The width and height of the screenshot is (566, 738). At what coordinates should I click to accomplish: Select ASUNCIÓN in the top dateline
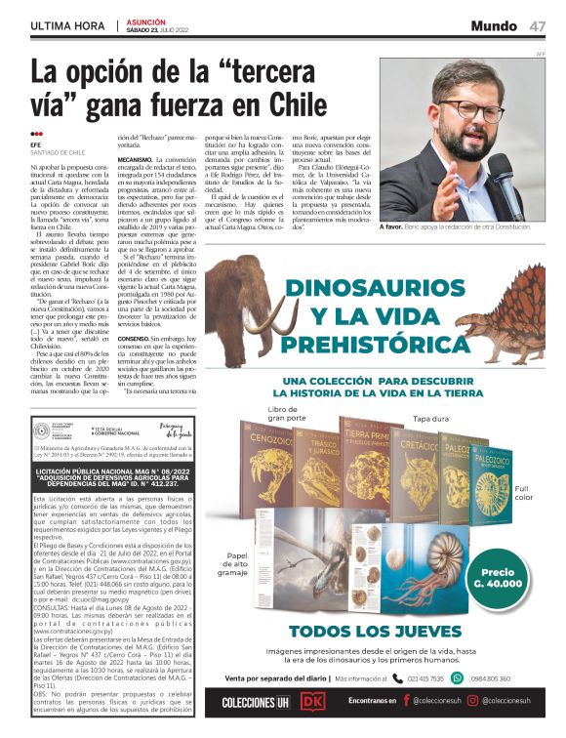point(146,20)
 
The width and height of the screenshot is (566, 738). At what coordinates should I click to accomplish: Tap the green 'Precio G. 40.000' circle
point(498,577)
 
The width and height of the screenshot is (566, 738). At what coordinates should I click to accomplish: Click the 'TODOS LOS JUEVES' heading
point(376,632)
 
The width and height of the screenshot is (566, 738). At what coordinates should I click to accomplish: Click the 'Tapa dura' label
point(430,419)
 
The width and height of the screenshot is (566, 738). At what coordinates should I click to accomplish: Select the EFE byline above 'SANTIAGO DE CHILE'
point(35,145)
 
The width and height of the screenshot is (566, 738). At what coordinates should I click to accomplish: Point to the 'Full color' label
point(524,492)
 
